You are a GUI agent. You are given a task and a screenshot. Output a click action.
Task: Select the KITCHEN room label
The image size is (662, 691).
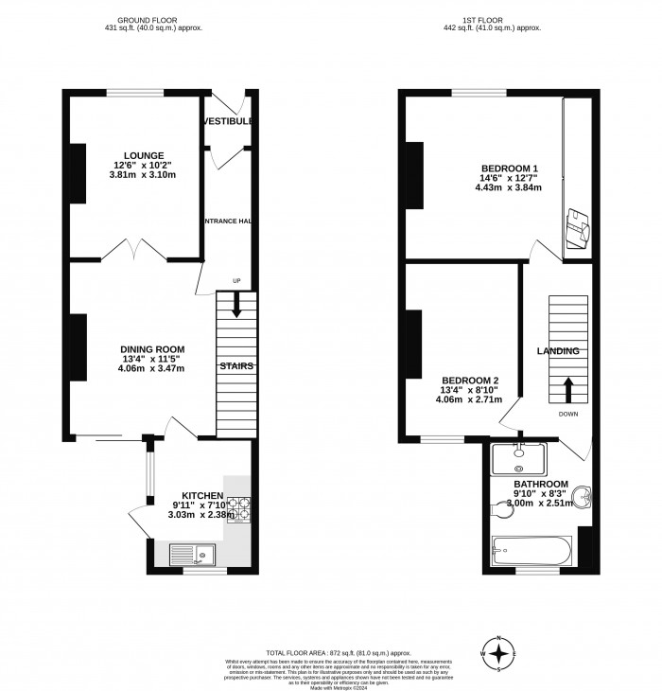coord(202,495)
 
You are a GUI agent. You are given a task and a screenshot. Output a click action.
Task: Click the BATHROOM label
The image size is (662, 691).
coord(540,483)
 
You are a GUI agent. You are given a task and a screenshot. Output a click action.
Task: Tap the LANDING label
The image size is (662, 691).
coord(558,351)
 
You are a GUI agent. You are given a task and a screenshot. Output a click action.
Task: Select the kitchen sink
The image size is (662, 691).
coord(193,554)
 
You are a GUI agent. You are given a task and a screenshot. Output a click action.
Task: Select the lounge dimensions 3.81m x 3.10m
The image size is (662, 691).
coord(143,175)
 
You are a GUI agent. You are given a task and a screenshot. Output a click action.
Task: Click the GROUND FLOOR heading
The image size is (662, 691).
coord(153,19)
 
